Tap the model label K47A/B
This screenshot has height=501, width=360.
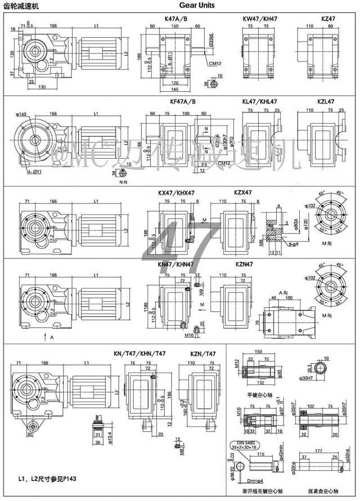click(x=176, y=19)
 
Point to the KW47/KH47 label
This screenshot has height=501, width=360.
click(x=260, y=19)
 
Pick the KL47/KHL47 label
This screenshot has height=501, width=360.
click(x=260, y=102)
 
